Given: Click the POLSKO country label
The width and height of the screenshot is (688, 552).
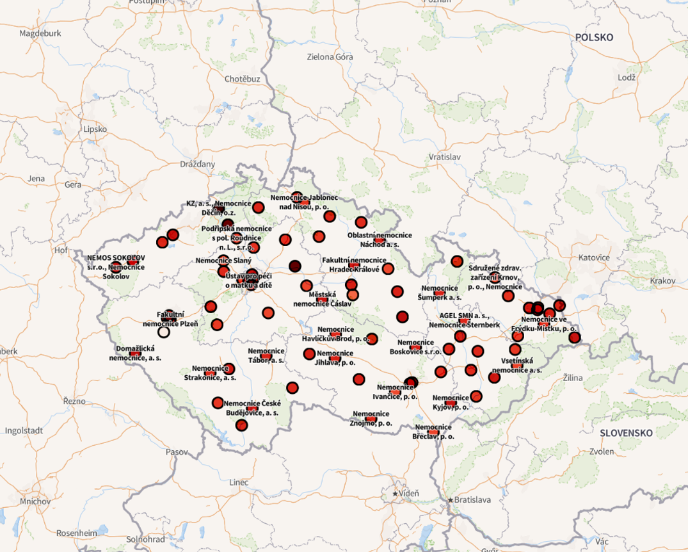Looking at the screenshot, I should [x=593, y=37].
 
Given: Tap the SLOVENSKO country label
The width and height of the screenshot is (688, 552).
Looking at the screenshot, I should [x=626, y=433].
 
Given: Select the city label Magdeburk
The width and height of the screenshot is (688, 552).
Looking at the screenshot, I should [x=40, y=33].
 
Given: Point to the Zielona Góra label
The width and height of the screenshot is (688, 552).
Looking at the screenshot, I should [x=330, y=57].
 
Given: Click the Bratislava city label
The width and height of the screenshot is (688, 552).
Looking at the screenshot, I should [x=472, y=499].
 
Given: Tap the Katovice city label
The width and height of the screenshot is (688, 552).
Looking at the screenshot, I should [x=593, y=257].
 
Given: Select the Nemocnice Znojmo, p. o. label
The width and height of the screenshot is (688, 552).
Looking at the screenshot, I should [x=371, y=418].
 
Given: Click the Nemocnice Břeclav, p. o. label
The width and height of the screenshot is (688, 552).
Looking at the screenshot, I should [x=435, y=432].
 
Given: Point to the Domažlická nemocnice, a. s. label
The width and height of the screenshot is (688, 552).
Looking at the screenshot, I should [x=135, y=353].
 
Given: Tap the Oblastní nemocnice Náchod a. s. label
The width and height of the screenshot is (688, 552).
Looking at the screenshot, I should [x=380, y=239].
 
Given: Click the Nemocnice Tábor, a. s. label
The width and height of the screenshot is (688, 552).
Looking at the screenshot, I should [x=266, y=355].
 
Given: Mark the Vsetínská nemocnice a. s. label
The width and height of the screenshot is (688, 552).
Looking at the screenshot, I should [x=517, y=366].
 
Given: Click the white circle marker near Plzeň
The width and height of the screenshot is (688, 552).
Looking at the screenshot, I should [x=164, y=332].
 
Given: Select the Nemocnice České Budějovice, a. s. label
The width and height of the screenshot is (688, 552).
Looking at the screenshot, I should [x=252, y=408].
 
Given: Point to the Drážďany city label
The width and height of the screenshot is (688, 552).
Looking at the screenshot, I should [x=197, y=164].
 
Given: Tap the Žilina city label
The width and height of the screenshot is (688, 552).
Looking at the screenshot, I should [x=573, y=378].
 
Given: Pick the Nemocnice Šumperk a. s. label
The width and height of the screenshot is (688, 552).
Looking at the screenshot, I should [x=440, y=293].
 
